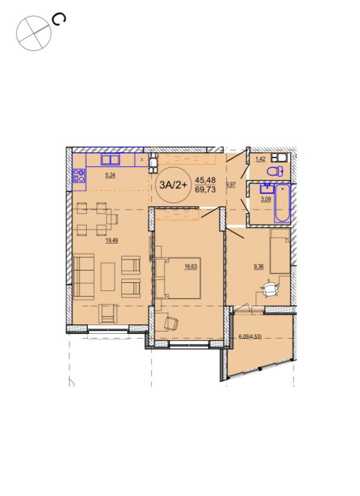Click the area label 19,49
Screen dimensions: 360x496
pyautogui.click(x=112, y=241)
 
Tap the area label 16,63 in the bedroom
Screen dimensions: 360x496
pyautogui.click(x=191, y=267)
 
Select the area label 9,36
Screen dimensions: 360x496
pyautogui.click(x=258, y=267)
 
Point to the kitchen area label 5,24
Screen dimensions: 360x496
pyautogui.click(x=110, y=175)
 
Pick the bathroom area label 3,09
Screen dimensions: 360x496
pyautogui.click(x=266, y=200)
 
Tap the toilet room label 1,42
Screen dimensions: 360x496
pyautogui.click(x=260, y=159)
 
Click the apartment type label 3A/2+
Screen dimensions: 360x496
pyautogui.click(x=173, y=185)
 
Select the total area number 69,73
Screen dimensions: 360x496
pyautogui.click(x=206, y=189)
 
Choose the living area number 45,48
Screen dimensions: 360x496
pyautogui.click(x=206, y=181)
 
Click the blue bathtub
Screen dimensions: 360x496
pyautogui.click(x=283, y=204)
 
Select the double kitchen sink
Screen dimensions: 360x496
pyautogui.click(x=110, y=159)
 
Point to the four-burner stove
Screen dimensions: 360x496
pyautogui.click(x=79, y=176)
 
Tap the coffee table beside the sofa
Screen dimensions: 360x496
pyautogui.click(x=108, y=277)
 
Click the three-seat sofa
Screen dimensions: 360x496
pyautogui.click(x=84, y=276)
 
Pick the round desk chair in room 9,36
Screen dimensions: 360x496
pyautogui.click(x=270, y=289)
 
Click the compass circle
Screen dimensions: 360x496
pyautogui.click(x=34, y=33)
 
